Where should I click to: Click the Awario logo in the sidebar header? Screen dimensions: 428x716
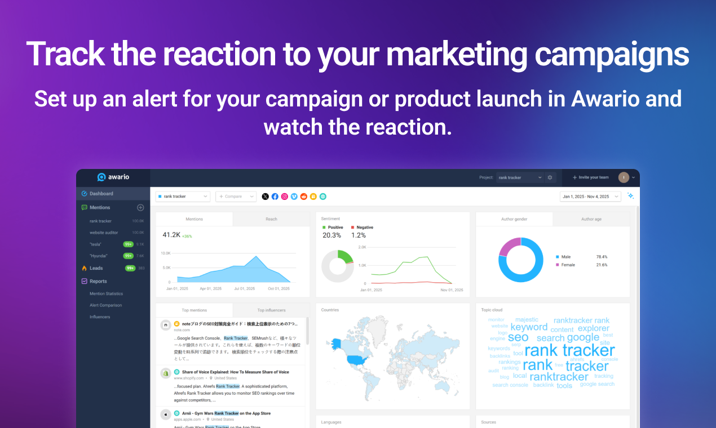click(x=113, y=177)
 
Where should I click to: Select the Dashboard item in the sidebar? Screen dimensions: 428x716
click(x=101, y=194)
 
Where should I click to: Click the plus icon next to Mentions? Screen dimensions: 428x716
click(x=141, y=208)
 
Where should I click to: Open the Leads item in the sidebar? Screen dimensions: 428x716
click(x=96, y=268)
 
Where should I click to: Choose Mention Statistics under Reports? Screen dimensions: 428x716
click(x=106, y=293)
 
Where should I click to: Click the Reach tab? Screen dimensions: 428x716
click(x=271, y=219)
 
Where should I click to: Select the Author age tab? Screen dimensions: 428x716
click(x=591, y=219)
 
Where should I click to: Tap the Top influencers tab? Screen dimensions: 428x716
click(x=271, y=310)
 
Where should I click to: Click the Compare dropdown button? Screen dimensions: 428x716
click(x=236, y=197)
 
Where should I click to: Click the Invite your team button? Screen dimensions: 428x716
click(x=590, y=177)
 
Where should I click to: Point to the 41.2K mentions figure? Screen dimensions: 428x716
click(x=171, y=235)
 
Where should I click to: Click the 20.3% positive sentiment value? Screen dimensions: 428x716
click(x=332, y=235)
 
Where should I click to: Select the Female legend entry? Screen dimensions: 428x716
click(x=568, y=265)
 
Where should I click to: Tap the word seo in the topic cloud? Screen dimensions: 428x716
click(x=518, y=337)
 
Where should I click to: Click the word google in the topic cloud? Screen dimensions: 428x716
click(x=583, y=337)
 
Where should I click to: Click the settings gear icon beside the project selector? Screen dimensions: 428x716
click(x=550, y=177)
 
